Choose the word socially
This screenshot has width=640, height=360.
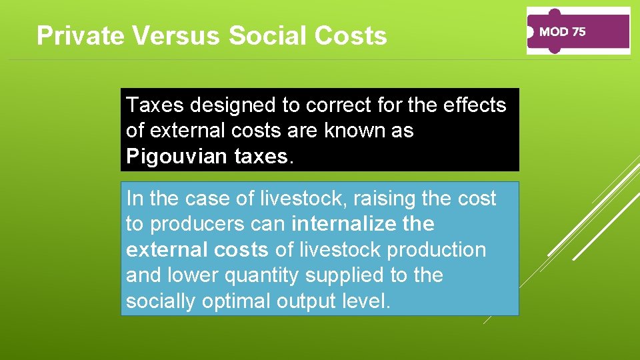click(x=160, y=301)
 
